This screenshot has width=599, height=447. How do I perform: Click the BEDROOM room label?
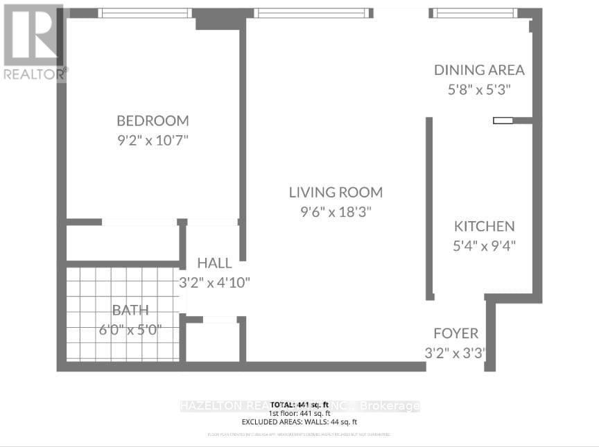coord(153,120)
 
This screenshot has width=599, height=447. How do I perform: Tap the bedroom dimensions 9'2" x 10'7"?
coord(153,140)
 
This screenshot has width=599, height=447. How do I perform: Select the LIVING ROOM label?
coord(336,193)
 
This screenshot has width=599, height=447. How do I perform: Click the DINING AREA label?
coord(479,70)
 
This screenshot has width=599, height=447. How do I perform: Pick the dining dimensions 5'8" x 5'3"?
coord(479,89)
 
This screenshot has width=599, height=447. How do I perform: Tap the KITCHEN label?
coord(485,226)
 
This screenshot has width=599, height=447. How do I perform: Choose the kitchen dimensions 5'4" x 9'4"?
coord(485,245)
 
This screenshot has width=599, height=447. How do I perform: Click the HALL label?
coord(215,263)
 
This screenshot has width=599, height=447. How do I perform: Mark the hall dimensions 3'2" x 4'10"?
coord(215,283)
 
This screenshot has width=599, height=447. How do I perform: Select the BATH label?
coord(132,310)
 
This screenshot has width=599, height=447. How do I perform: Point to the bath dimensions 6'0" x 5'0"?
coord(132,330)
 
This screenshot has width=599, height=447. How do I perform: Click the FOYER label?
coord(455,333)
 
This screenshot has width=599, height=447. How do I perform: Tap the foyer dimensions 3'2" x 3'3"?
coord(455,353)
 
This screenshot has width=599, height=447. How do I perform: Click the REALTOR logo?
coord(33,42)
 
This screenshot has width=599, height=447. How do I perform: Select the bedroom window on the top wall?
coord(145,12)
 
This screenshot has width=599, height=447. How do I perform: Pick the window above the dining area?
coord(475,12)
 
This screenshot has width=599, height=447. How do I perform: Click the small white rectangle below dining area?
coord(503,121)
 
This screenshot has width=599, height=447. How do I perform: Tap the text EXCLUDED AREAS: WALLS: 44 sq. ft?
coord(299,421)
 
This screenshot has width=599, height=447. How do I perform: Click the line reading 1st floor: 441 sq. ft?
coord(299,412)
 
